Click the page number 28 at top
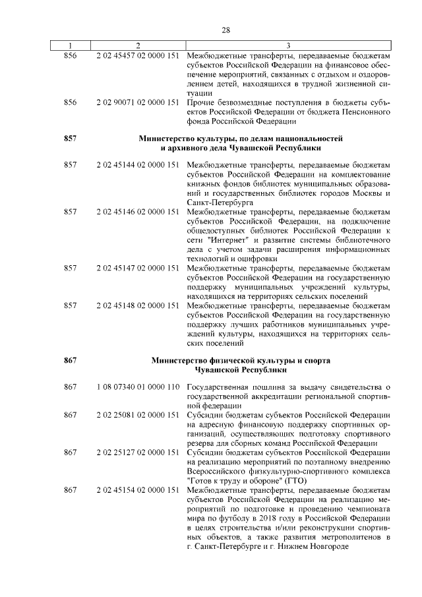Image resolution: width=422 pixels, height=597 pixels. tap(226, 30)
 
